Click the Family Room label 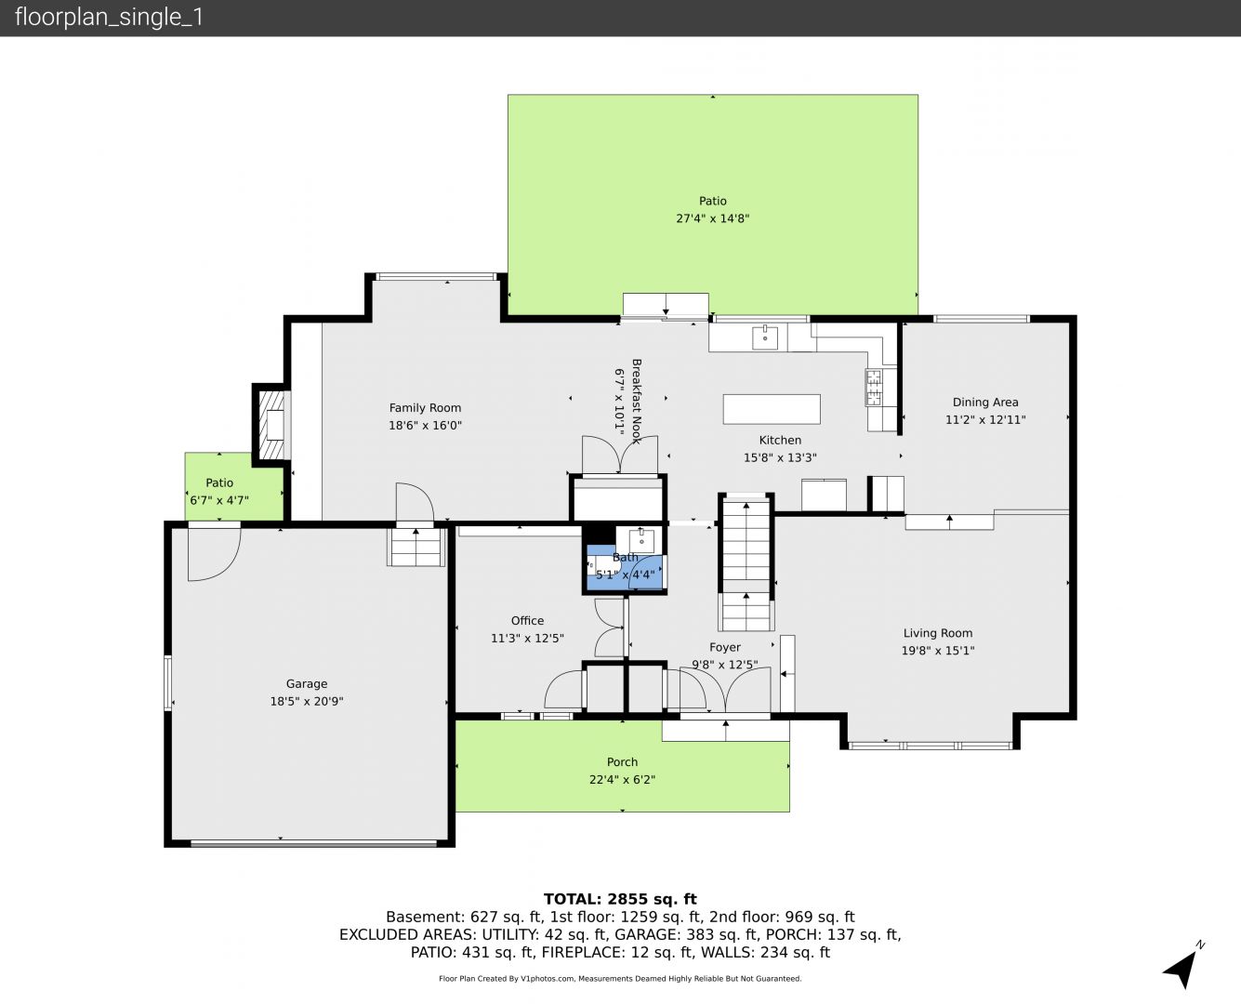click(x=425, y=408)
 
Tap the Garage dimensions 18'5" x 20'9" click(x=307, y=701)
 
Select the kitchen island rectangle click(x=772, y=409)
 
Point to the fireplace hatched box click(x=271, y=425)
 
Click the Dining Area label click(x=985, y=403)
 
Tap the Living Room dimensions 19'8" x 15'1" click(x=937, y=651)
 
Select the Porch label click(x=622, y=761)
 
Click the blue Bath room click(x=626, y=569)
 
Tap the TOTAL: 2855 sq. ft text click(x=620, y=899)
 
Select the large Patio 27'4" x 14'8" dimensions click(x=713, y=218)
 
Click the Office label click(x=527, y=621)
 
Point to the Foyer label click(x=725, y=647)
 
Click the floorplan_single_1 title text click(x=109, y=17)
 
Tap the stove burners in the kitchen click(x=874, y=387)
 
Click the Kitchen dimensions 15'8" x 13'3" click(x=780, y=458)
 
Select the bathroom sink click(x=641, y=541)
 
